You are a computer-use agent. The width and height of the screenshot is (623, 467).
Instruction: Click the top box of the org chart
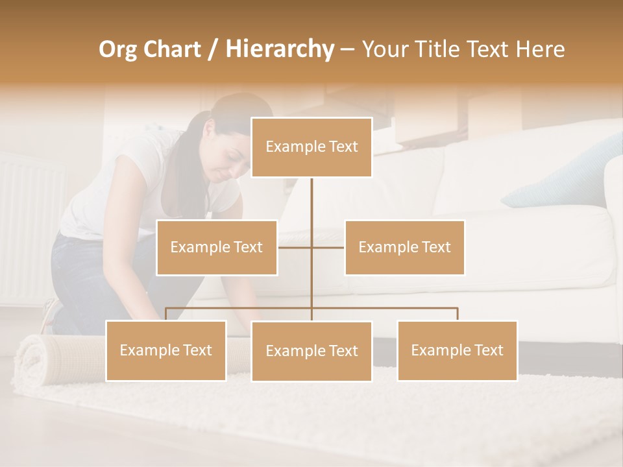pos(311,147)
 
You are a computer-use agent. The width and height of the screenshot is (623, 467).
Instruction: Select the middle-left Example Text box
pos(217,247)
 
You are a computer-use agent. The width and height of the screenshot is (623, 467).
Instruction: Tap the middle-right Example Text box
pos(404,247)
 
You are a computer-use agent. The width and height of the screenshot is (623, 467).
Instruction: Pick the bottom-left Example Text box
pos(166,350)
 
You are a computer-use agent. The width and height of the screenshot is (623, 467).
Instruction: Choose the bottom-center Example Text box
pos(311,351)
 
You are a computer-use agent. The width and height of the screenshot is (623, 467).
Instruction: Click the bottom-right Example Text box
pos(457,350)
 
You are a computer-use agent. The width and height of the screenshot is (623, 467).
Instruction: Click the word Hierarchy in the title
pos(280,49)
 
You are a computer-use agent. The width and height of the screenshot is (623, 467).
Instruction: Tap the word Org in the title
pos(118,49)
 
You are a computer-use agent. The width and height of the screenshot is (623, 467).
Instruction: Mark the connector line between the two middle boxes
pos(311,247)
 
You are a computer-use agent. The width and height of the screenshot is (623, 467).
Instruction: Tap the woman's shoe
pos(51,315)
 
